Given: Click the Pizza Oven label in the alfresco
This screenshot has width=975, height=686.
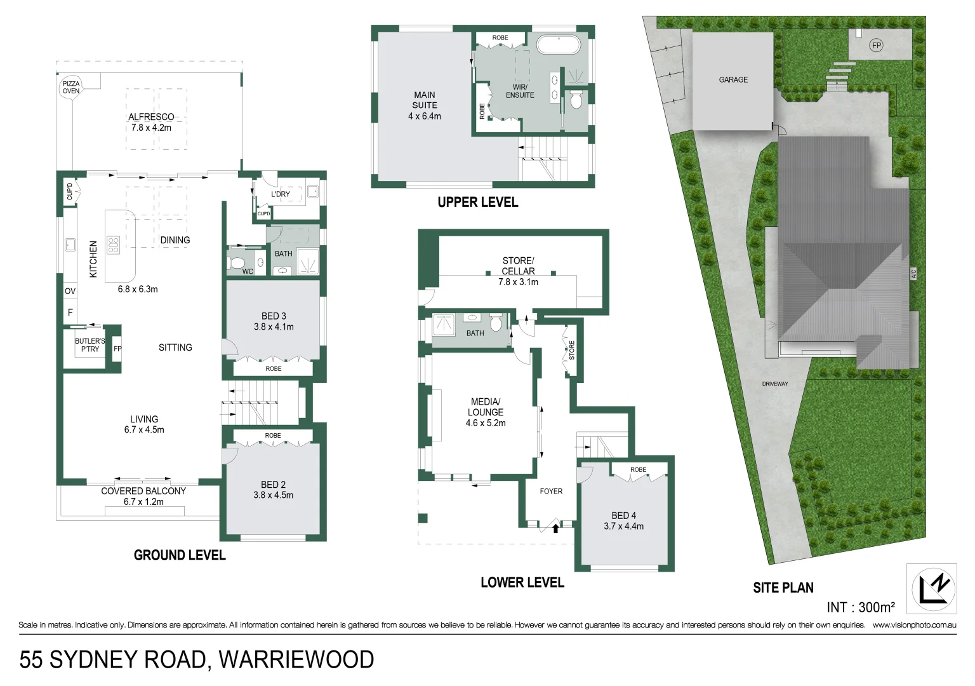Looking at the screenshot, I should pyautogui.click(x=71, y=87).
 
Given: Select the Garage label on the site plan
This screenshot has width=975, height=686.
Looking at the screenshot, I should pyautogui.click(x=733, y=79).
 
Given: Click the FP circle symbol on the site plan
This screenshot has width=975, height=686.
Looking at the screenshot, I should pyautogui.click(x=876, y=45).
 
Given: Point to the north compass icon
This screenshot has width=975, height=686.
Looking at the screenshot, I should pyautogui.click(x=932, y=589).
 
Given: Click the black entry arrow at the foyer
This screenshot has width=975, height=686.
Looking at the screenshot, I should pyautogui.click(x=556, y=527).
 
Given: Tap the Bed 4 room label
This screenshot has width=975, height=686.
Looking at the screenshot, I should pyautogui.click(x=623, y=521).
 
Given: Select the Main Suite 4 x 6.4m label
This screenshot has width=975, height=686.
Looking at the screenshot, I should pyautogui.click(x=424, y=105).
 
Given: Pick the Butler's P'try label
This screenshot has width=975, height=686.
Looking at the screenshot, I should pyautogui.click(x=90, y=345).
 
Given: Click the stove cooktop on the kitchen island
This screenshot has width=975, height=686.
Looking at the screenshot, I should pyautogui.click(x=113, y=245).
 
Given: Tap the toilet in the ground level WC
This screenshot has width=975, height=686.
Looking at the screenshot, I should pyautogui.click(x=237, y=262).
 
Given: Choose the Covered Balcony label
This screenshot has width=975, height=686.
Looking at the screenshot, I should pyautogui.click(x=143, y=496).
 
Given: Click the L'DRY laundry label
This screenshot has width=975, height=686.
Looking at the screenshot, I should pyautogui.click(x=281, y=194).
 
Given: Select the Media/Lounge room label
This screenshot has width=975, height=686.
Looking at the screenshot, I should pyautogui.click(x=486, y=412).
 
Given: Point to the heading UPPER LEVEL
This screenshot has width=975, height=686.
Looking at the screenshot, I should pyautogui.click(x=477, y=203).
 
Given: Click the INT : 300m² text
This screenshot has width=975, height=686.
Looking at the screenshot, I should pyautogui.click(x=861, y=607).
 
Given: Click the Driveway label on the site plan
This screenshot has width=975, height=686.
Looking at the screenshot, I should pyautogui.click(x=775, y=384).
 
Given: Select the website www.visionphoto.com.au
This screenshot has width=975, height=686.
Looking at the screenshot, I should pyautogui.click(x=914, y=625).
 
